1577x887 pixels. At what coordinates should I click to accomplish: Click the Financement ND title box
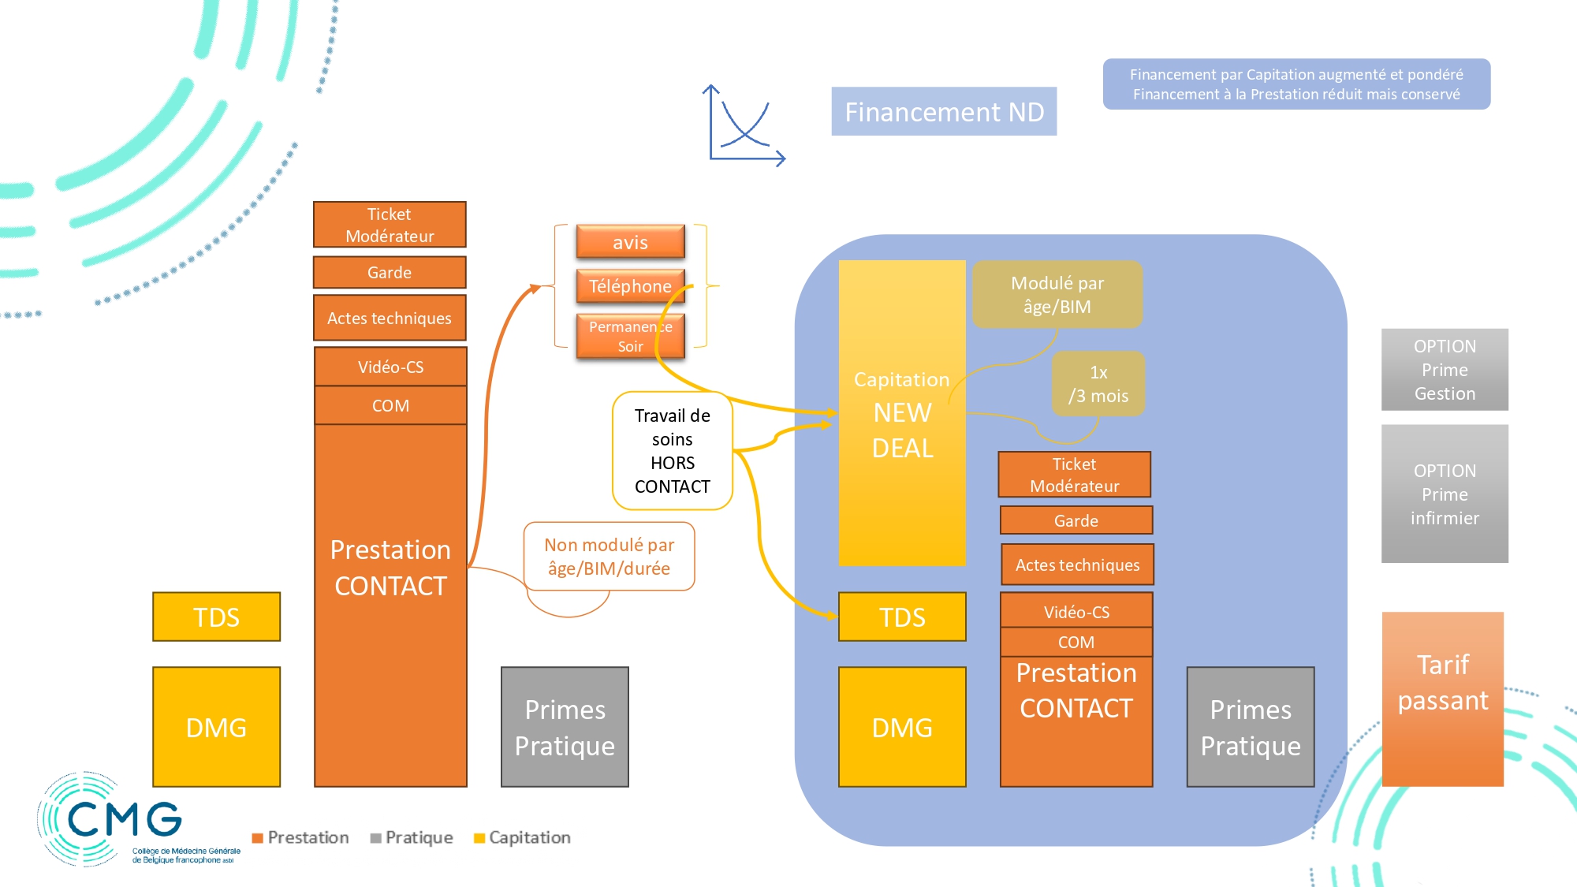[x=944, y=111]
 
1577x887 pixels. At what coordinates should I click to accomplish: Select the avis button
[x=630, y=242]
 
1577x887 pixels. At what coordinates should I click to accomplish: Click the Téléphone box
[x=630, y=286]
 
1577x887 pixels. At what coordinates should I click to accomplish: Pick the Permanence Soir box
[x=630, y=337]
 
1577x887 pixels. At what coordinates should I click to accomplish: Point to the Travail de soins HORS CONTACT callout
[x=672, y=451]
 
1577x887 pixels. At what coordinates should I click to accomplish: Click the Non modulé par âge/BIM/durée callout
[x=609, y=557]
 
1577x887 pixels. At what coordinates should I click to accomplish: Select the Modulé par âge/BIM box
[x=1057, y=294]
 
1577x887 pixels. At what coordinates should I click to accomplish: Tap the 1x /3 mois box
[x=1098, y=384]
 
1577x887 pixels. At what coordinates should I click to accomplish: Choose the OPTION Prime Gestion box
[x=1445, y=370]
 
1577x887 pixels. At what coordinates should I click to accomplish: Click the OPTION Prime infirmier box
[x=1445, y=494]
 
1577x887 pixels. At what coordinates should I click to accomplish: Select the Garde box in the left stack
[x=390, y=272]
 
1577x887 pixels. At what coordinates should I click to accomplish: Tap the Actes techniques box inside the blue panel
[x=1077, y=565]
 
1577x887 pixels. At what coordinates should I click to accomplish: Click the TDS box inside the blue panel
[x=902, y=617]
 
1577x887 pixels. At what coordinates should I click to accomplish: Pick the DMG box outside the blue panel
[x=216, y=727]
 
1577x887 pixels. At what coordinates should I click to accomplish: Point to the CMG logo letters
[x=125, y=820]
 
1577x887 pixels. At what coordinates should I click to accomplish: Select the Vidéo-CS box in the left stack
[x=390, y=367]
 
